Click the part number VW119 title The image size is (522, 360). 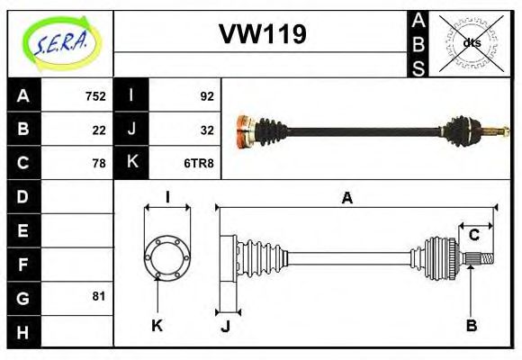point(263,34)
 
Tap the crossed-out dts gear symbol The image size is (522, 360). point(472,42)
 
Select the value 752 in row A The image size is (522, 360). point(95,95)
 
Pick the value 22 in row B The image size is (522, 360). point(99,129)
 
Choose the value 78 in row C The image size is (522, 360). point(99,163)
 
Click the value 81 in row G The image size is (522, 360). point(99,296)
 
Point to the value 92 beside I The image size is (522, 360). point(206,95)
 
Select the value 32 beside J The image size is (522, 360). point(206,129)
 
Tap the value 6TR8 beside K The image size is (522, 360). point(200,163)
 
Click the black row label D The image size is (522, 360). point(23,196)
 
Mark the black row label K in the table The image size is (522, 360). point(131,163)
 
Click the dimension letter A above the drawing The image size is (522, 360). point(346,199)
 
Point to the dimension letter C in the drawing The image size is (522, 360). point(473,236)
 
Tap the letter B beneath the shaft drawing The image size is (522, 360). point(471,325)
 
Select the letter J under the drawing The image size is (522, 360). point(226,326)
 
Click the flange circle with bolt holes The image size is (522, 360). point(167,258)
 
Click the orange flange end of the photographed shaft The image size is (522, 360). point(242,132)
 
